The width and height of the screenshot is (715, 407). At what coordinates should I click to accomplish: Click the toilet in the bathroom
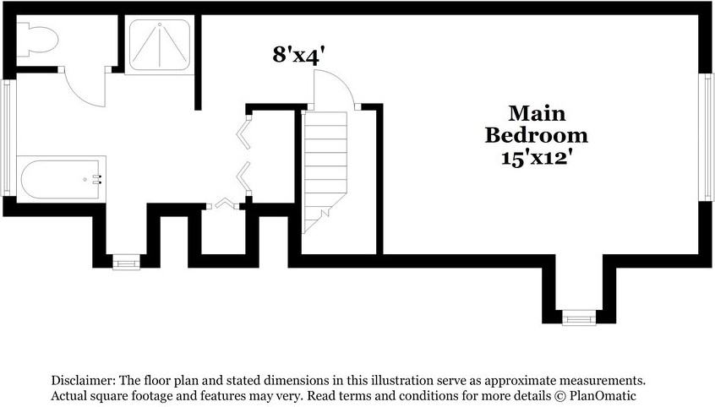(36, 41)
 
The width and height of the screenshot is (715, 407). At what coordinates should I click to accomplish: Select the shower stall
(160, 45)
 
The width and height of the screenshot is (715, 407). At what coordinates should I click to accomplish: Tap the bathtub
(61, 179)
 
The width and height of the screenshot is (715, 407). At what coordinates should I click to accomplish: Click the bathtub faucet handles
(96, 179)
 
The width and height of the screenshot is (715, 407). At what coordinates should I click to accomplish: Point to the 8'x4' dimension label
(298, 55)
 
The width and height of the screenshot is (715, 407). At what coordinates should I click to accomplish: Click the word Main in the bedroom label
(537, 113)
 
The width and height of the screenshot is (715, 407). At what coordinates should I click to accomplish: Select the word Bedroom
(536, 135)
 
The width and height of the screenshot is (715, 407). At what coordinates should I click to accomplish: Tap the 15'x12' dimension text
(536, 158)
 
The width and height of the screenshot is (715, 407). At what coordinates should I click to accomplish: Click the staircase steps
(325, 171)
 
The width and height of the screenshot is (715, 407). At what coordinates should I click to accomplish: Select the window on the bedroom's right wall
(706, 137)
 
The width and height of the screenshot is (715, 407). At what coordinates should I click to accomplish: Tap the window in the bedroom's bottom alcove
(579, 317)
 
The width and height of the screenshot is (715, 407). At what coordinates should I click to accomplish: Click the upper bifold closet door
(244, 133)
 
